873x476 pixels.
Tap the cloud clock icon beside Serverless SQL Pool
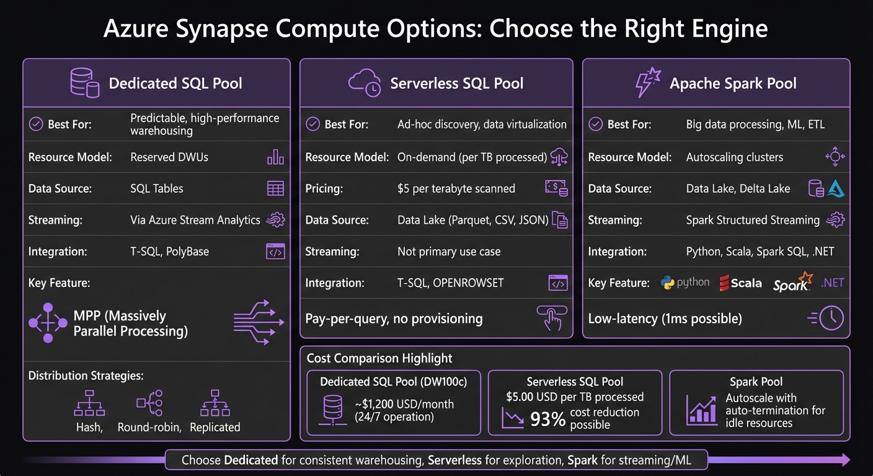click(x=364, y=83)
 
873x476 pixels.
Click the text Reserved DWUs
click(x=169, y=157)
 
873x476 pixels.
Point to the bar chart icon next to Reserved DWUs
click(x=275, y=157)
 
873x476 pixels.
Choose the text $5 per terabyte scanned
click(x=456, y=188)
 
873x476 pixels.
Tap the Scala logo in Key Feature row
click(x=740, y=283)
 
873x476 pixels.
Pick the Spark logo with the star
click(x=793, y=282)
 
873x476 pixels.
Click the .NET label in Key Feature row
click(x=833, y=283)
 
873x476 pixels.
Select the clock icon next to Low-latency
click(x=831, y=319)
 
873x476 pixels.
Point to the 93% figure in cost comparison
click(x=548, y=420)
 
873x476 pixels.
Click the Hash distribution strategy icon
click(x=89, y=403)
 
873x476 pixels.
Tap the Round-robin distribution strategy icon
click(x=149, y=403)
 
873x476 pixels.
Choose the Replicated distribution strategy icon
click(x=215, y=403)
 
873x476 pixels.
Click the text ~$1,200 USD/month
click(x=404, y=404)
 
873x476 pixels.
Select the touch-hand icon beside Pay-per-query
click(x=549, y=319)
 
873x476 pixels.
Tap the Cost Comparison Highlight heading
click(x=379, y=358)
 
